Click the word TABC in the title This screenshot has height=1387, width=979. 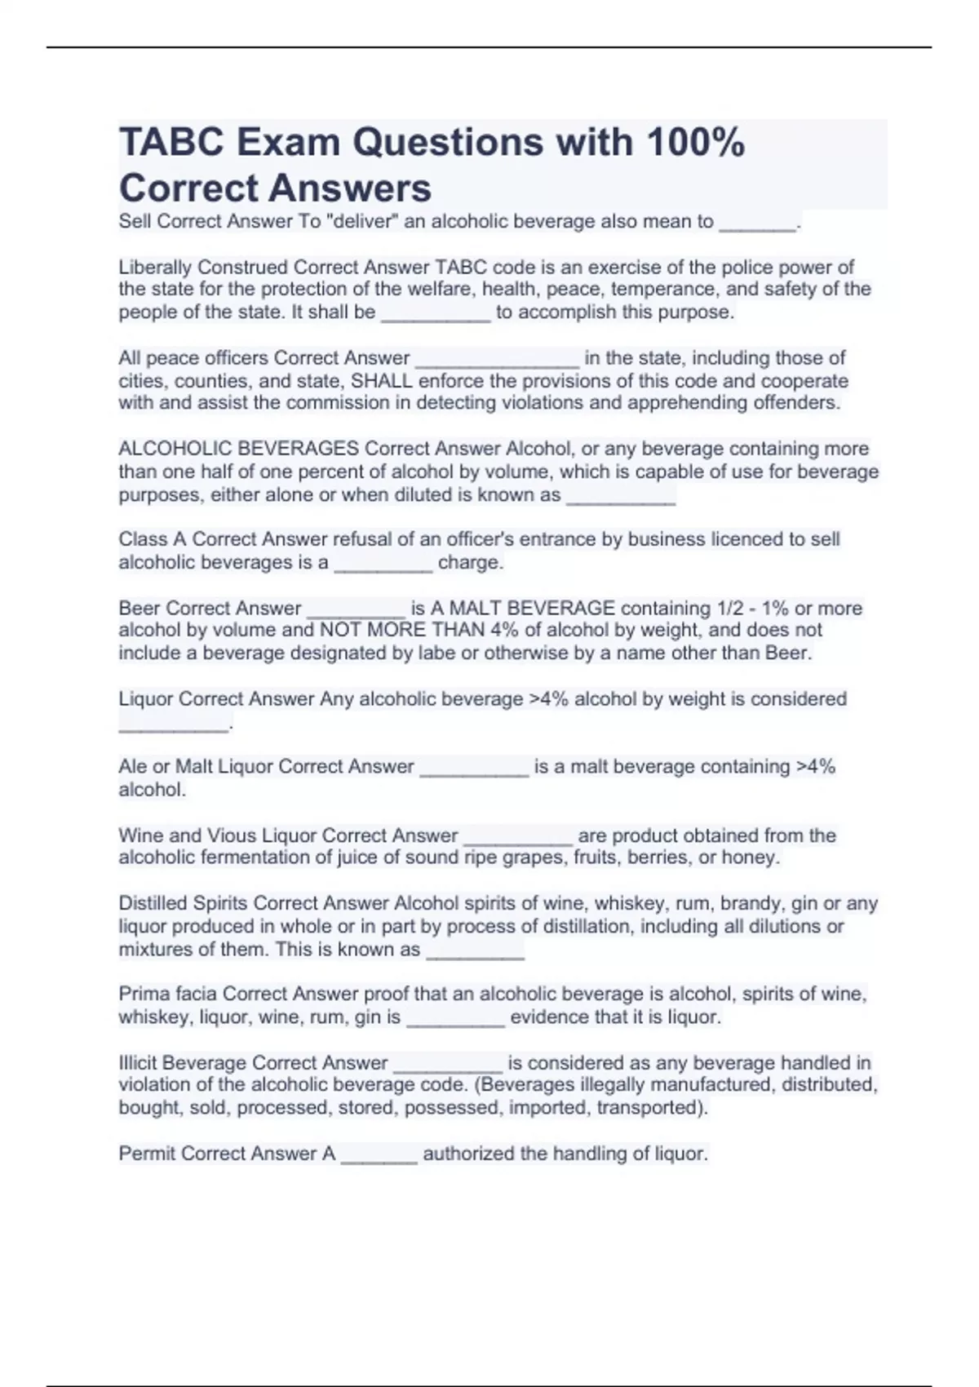(171, 143)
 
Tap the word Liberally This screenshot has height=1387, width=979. (155, 267)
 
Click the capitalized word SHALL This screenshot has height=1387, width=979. (382, 380)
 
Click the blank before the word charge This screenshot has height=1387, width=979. (383, 565)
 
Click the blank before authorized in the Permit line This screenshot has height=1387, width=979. (379, 1156)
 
